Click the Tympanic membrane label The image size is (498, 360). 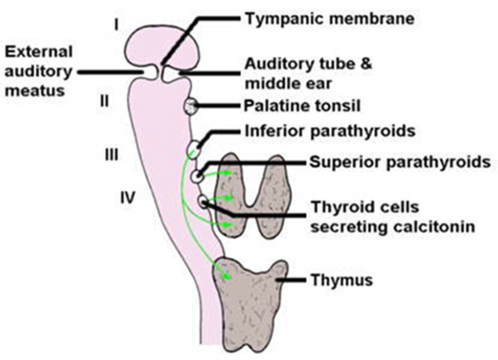tap(329, 20)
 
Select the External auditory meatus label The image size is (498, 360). tap(38, 71)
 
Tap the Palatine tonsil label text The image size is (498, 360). tap(302, 106)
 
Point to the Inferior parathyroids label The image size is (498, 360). tap(330, 131)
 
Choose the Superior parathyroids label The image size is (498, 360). tap(400, 163)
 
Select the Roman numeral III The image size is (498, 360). tap(111, 154)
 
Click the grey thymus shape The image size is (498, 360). tap(245, 302)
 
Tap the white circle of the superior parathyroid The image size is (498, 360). tap(197, 176)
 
